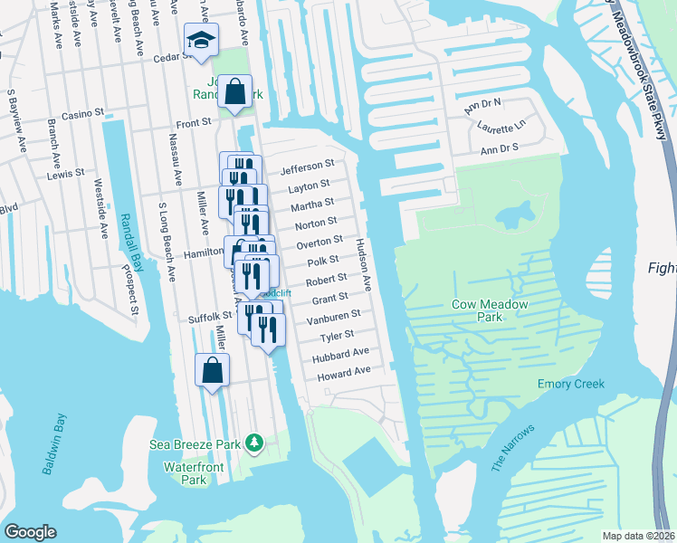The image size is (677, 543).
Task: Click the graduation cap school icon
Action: (200, 40)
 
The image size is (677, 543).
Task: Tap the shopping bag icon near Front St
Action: (235, 92)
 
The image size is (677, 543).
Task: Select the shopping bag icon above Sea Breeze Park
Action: (212, 370)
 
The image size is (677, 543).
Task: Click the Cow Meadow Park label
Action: (490, 311)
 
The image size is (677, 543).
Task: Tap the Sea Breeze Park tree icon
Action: (256, 443)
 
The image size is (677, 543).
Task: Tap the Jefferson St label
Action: (307, 168)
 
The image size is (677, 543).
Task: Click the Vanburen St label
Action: (333, 317)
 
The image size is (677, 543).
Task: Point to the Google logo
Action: (31, 532)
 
